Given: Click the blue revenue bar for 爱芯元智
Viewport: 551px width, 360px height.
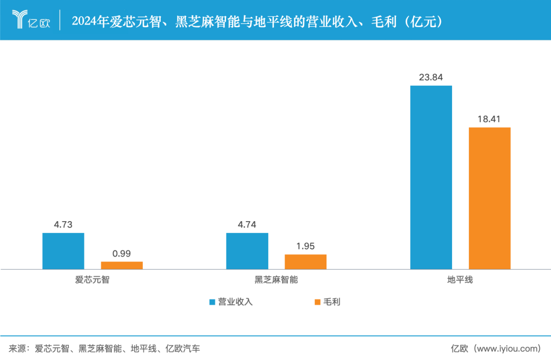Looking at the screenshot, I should [63, 251].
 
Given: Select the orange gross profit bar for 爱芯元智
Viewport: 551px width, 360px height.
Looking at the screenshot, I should [122, 265].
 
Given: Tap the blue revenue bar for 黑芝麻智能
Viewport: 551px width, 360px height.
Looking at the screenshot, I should [247, 251].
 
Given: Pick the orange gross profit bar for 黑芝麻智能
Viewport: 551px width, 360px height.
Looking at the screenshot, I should [306, 261].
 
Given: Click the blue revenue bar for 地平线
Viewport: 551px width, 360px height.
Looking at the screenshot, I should [431, 177].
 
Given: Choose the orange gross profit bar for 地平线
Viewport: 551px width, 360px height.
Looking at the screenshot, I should [490, 198].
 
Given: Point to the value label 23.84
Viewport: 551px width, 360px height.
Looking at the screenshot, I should [431, 78].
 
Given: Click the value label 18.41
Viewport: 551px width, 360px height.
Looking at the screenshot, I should [490, 119].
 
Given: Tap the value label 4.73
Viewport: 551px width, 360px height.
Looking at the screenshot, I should [63, 225].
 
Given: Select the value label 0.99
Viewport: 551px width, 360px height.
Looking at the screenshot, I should [122, 254].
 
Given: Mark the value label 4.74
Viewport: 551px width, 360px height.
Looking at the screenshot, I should [247, 225].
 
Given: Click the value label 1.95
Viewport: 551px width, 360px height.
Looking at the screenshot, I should [306, 247].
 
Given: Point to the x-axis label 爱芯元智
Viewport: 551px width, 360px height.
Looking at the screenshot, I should [92, 280].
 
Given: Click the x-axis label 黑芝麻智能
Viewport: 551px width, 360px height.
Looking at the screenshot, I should [276, 280].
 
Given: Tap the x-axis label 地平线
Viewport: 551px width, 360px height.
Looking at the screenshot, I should [460, 280].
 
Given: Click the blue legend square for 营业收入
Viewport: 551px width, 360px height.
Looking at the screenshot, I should [212, 302].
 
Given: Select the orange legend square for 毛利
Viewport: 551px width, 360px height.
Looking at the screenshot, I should [317, 302].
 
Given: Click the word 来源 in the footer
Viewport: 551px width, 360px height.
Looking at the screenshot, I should [17, 349].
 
